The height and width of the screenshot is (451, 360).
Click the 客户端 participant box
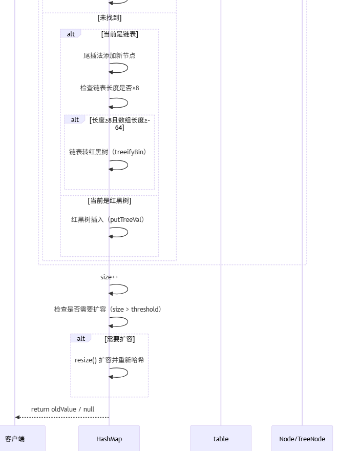[15, 439]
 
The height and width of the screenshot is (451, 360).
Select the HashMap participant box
[109, 439]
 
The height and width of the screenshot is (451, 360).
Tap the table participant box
[221, 439]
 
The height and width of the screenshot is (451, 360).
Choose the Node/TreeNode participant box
[302, 439]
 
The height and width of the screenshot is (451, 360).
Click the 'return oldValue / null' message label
[62, 409]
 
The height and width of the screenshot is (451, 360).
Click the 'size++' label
[110, 277]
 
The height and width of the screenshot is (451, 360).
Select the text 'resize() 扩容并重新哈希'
[109, 360]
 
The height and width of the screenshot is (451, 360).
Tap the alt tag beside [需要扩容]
[81, 338]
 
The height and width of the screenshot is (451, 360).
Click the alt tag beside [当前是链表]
[71, 34]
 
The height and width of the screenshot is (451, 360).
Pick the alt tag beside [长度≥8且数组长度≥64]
[75, 119]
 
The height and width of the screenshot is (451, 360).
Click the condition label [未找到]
[110, 18]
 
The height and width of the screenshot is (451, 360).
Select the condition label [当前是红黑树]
[110, 200]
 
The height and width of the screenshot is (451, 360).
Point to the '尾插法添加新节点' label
[110, 55]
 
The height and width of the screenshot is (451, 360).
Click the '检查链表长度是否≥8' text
[110, 88]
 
